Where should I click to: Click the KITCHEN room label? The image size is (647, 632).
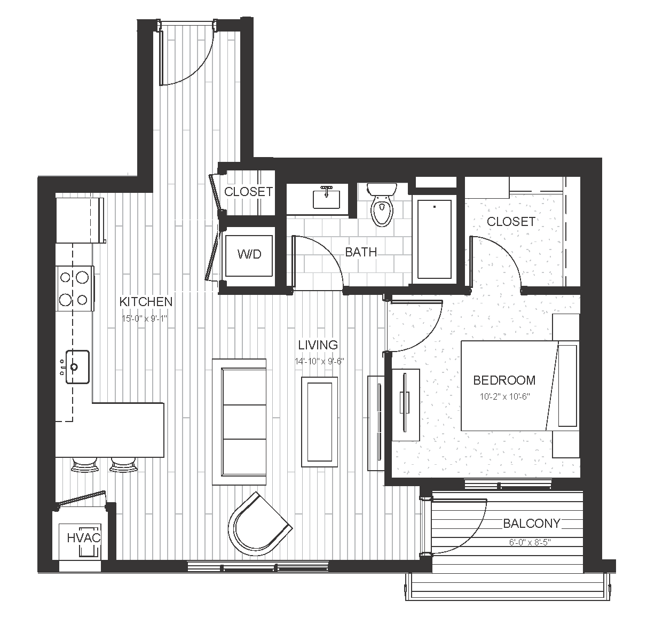146,302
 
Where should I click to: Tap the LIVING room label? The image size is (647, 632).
318,345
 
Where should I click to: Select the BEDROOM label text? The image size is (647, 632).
504,380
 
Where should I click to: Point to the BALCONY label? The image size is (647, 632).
532,524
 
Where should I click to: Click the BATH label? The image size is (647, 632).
361,252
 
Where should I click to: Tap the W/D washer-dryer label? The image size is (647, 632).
249,255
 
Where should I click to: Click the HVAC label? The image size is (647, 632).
84,538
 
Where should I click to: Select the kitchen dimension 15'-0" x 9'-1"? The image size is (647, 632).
144,318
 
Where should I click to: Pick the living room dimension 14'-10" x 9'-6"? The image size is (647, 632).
319,361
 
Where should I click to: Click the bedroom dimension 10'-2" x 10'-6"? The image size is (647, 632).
504,396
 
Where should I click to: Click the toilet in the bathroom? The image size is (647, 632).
382,205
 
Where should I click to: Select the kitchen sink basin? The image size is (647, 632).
77,367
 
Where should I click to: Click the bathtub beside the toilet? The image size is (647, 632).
434,239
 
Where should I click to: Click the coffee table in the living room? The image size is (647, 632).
320,422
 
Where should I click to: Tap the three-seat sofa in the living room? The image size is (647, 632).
239,422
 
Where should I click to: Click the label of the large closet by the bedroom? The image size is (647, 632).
511,221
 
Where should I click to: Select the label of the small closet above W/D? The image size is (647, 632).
248,191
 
